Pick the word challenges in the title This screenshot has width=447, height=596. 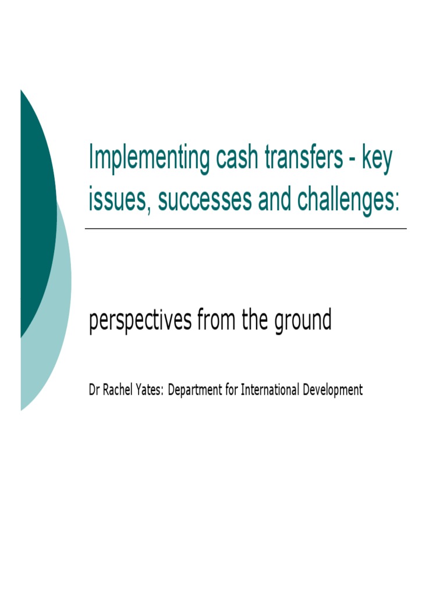[x=348, y=200]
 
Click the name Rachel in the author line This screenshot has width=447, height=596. [x=120, y=390]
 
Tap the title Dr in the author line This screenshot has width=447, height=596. [x=94, y=390]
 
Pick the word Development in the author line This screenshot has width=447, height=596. [x=332, y=391]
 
